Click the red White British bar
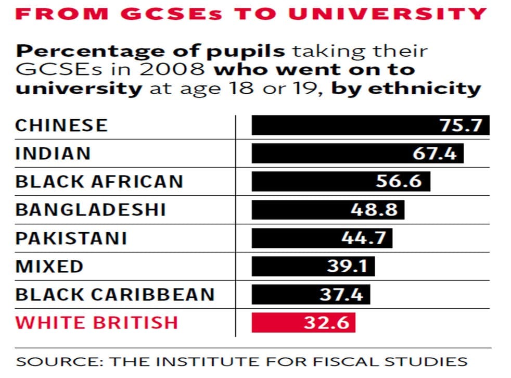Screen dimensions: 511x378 [x=303, y=323]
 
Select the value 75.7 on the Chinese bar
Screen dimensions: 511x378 [x=461, y=125]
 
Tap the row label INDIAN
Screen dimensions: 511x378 [x=53, y=154]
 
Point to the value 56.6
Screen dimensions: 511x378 [x=399, y=181]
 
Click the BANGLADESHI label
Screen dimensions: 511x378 [x=91, y=210]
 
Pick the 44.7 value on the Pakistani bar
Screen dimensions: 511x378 [x=364, y=238]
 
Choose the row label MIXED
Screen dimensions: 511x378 [x=49, y=266]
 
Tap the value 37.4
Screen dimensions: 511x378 [x=341, y=294]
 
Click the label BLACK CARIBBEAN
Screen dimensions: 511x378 [x=115, y=295]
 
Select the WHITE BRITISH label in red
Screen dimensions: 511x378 [x=97, y=323]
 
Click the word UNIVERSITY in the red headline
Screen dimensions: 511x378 [x=388, y=14]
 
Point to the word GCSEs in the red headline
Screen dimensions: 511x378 [x=171, y=14]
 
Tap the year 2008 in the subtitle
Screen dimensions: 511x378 [x=172, y=69]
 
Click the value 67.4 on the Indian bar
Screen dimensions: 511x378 [x=435, y=153]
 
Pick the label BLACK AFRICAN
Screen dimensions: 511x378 [x=99, y=182]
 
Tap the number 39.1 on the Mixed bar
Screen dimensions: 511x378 [x=347, y=266]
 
